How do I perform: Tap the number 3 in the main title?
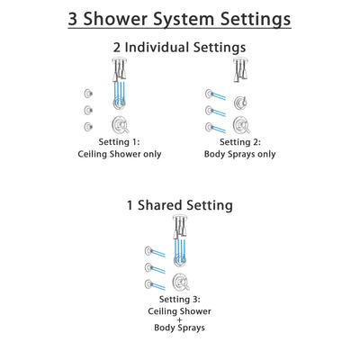point(76,18)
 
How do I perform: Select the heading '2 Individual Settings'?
point(179,46)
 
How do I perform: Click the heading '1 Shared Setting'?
point(179,205)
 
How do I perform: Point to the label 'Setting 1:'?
point(116,141)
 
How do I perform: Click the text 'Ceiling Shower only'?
point(116,155)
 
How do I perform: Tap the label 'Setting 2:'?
point(239,141)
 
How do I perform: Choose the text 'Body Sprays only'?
point(239,155)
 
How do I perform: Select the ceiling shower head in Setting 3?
point(179,224)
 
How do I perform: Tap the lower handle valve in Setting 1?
point(118,124)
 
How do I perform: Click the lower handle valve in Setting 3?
point(179,282)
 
